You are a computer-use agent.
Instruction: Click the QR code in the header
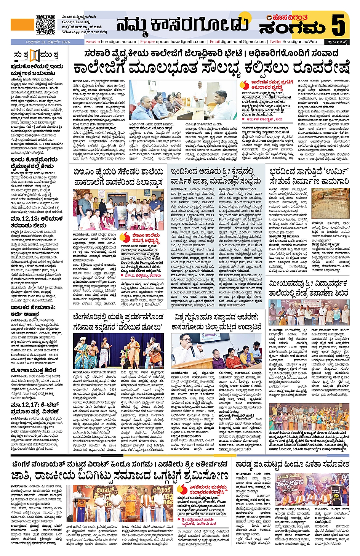click(x=46, y=24)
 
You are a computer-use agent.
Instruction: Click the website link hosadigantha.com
click(x=111, y=42)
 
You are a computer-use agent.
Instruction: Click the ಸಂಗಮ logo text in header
click(x=292, y=28)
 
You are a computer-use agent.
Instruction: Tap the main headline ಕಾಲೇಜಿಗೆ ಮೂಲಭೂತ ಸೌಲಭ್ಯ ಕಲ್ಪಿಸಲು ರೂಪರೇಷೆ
click(x=211, y=67)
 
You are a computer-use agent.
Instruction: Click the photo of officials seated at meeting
click(x=183, y=100)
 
